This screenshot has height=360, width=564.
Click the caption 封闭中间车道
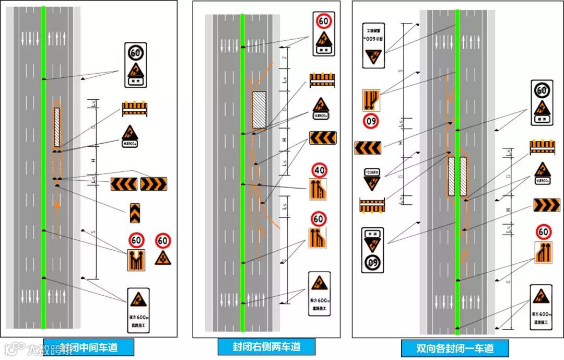point(89,347)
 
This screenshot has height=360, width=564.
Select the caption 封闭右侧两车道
point(267,346)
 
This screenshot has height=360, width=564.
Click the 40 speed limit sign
point(320,170)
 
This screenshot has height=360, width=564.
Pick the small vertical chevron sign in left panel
point(135,213)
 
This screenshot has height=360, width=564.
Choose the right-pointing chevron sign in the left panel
point(153,184)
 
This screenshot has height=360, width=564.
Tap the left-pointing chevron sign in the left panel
point(124,184)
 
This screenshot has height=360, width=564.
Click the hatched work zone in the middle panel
point(259,110)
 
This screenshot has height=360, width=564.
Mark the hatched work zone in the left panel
point(56,127)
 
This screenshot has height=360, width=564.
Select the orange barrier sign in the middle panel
point(322,80)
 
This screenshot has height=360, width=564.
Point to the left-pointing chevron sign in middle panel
point(322,138)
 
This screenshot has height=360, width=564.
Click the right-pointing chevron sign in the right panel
point(546,205)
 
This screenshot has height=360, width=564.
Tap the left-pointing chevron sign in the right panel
point(368,148)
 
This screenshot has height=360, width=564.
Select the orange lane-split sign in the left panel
point(136,260)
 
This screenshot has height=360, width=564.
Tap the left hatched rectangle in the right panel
point(452,176)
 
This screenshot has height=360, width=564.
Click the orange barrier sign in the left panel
point(135,109)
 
